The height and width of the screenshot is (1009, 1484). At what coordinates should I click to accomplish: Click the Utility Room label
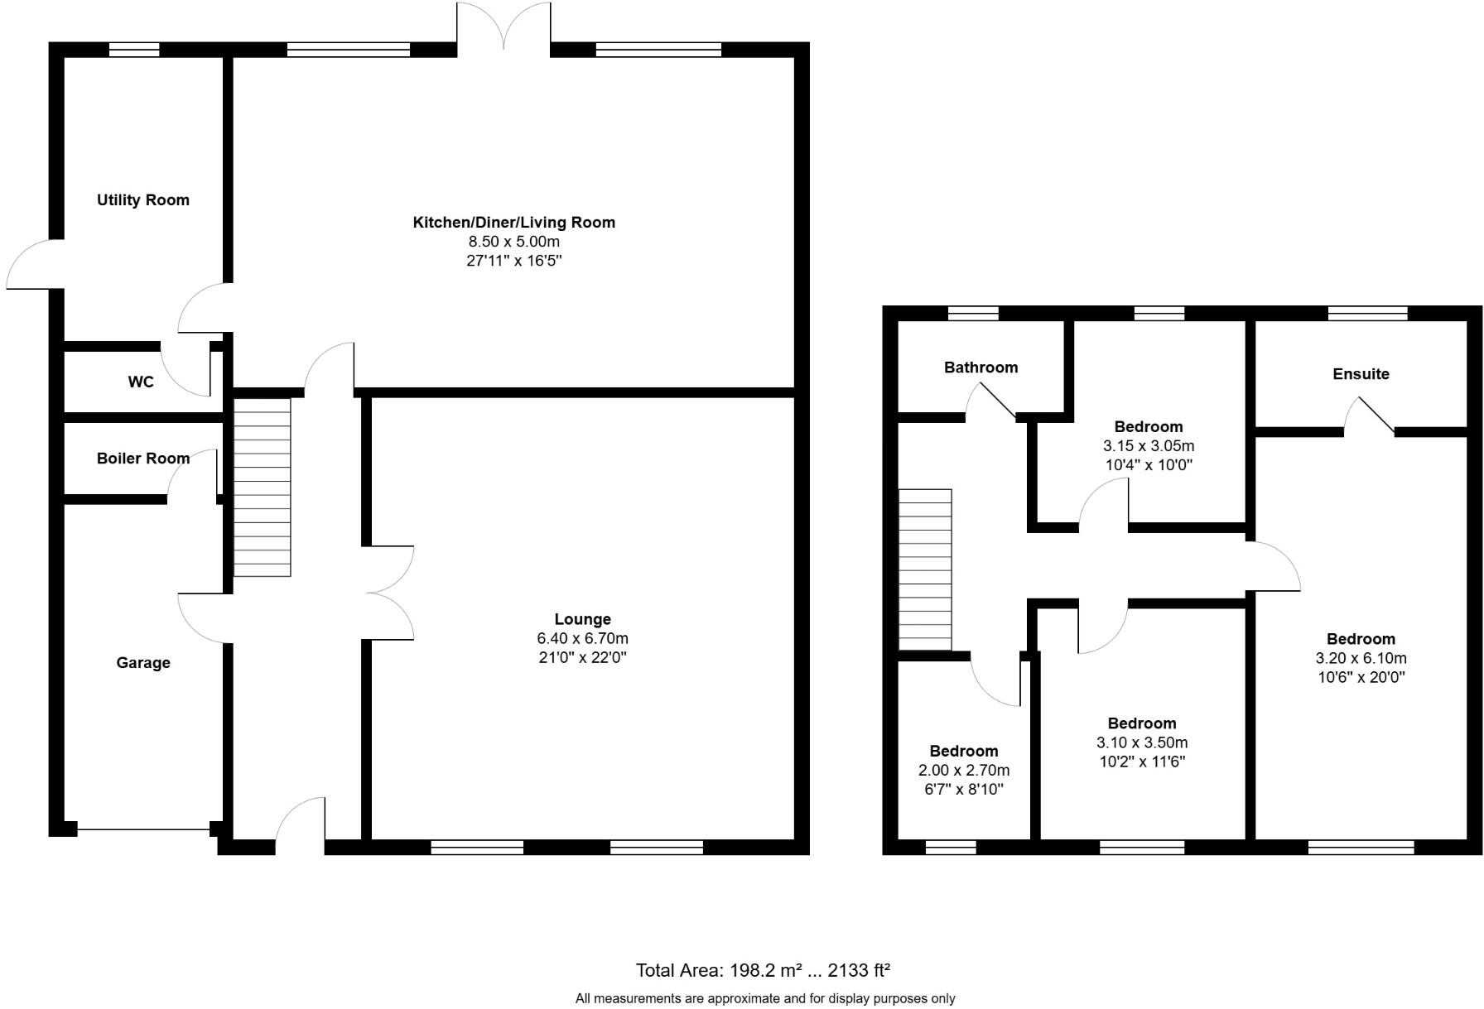(x=143, y=200)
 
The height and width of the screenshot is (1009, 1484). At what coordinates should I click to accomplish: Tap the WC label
(x=141, y=382)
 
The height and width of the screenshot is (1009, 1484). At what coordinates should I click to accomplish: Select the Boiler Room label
(x=143, y=459)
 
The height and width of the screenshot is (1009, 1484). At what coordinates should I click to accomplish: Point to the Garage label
(x=143, y=663)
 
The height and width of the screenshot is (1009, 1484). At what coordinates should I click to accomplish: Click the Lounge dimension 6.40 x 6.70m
(x=582, y=638)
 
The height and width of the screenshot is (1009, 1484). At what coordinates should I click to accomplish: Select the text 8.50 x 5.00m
(x=513, y=242)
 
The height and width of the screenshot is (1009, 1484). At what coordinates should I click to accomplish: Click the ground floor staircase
(x=263, y=488)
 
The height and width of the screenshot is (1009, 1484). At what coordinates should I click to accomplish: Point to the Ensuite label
(x=1361, y=374)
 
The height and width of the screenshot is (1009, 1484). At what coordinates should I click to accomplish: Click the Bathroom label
(x=980, y=368)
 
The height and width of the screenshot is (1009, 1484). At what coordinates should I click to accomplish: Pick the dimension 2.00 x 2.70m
(x=963, y=771)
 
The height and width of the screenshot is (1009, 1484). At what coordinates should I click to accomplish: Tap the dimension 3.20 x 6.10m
(x=1361, y=659)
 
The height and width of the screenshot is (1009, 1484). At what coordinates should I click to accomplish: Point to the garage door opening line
(x=143, y=829)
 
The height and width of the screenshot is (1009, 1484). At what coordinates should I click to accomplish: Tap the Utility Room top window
(x=134, y=50)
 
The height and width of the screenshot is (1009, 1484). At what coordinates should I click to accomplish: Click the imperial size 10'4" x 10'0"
(x=1148, y=465)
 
